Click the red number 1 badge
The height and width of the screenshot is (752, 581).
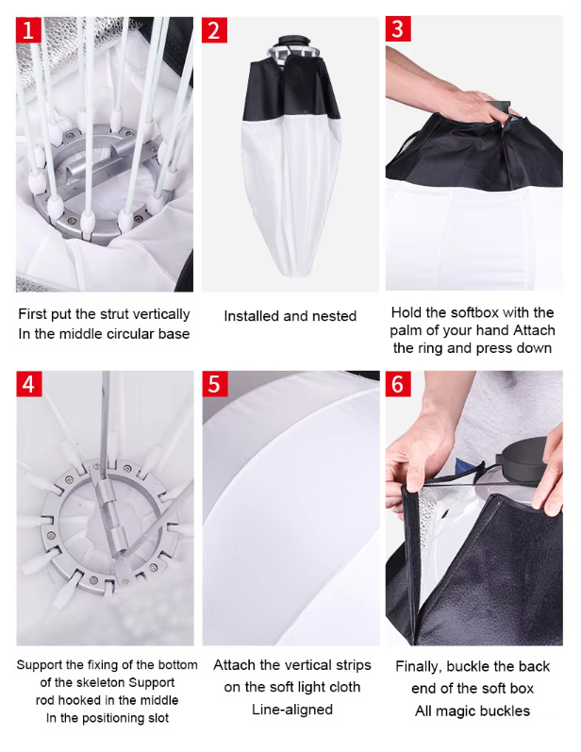point(28,30)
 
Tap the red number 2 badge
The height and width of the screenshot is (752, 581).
point(214,30)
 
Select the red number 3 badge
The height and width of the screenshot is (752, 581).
point(398,28)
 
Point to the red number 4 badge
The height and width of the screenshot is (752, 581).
point(29,384)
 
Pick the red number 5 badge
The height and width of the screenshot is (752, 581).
point(214,384)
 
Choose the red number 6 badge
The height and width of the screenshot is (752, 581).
point(398,384)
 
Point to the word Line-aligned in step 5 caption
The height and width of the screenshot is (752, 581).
point(292,710)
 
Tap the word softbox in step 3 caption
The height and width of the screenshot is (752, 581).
point(477,312)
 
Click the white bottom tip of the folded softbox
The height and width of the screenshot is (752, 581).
point(291,271)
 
